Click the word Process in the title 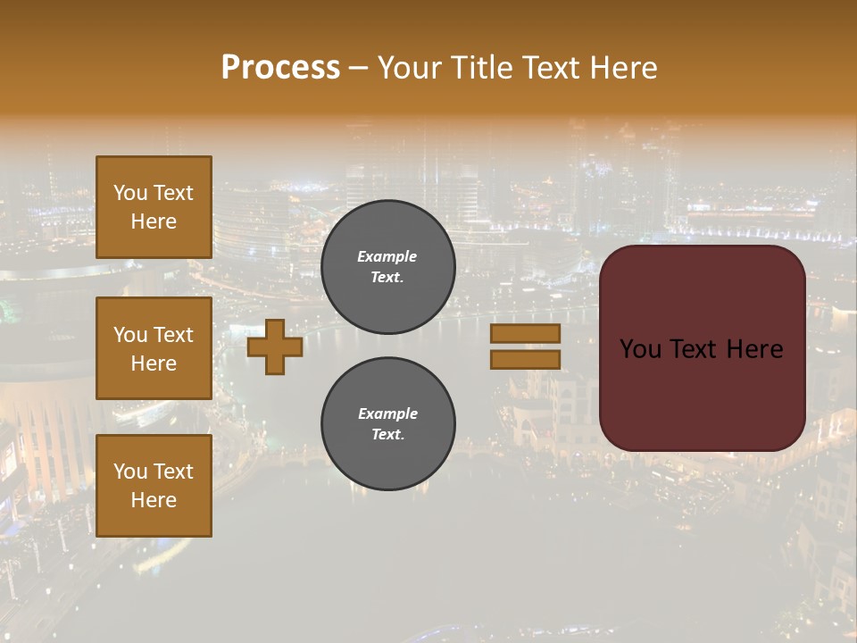pos(280,68)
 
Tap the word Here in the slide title pos(622,68)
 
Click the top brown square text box pos(154,207)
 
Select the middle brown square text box pos(154,348)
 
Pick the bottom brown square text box pos(154,486)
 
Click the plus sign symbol pos(275,347)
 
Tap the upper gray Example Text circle pos(387,266)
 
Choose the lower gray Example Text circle pos(387,423)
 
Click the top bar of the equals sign pos(525,334)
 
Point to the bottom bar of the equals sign pos(525,360)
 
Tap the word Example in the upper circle pos(387,256)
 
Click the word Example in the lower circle pos(387,413)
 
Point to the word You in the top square pos(130,193)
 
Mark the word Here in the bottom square pos(154,500)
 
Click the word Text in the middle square pos(172,335)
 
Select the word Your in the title pos(411,68)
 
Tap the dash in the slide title pos(358,69)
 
